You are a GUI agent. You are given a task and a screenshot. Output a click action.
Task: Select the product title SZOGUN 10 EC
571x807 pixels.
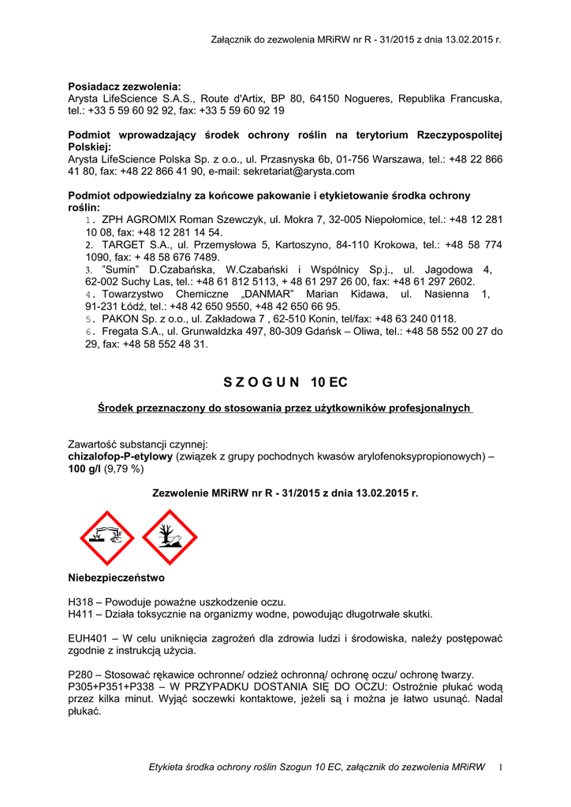285,382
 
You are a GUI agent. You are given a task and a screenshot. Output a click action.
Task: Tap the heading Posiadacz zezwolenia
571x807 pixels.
125,86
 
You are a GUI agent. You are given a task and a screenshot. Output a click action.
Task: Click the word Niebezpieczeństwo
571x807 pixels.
116,578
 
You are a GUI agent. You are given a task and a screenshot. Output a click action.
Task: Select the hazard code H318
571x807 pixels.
82,602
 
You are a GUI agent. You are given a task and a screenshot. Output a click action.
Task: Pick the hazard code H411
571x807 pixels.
82,614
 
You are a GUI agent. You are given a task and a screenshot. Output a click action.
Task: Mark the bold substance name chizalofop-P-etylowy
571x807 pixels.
121,456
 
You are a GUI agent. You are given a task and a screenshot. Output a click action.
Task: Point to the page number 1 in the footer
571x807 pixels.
500,768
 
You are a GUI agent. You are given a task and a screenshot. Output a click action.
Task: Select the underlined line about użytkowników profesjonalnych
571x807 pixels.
285,407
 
